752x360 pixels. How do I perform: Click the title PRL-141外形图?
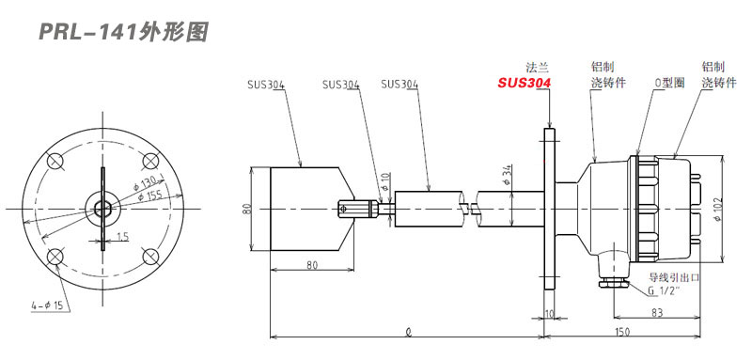point(123,33)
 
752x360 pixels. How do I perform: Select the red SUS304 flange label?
point(524,83)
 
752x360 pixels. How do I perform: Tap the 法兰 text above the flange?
point(537,67)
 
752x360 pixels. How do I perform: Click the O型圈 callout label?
point(669,83)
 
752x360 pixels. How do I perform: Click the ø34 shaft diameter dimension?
point(509,176)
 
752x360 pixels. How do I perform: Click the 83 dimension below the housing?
point(657,313)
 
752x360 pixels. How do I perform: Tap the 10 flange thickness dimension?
point(550,313)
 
